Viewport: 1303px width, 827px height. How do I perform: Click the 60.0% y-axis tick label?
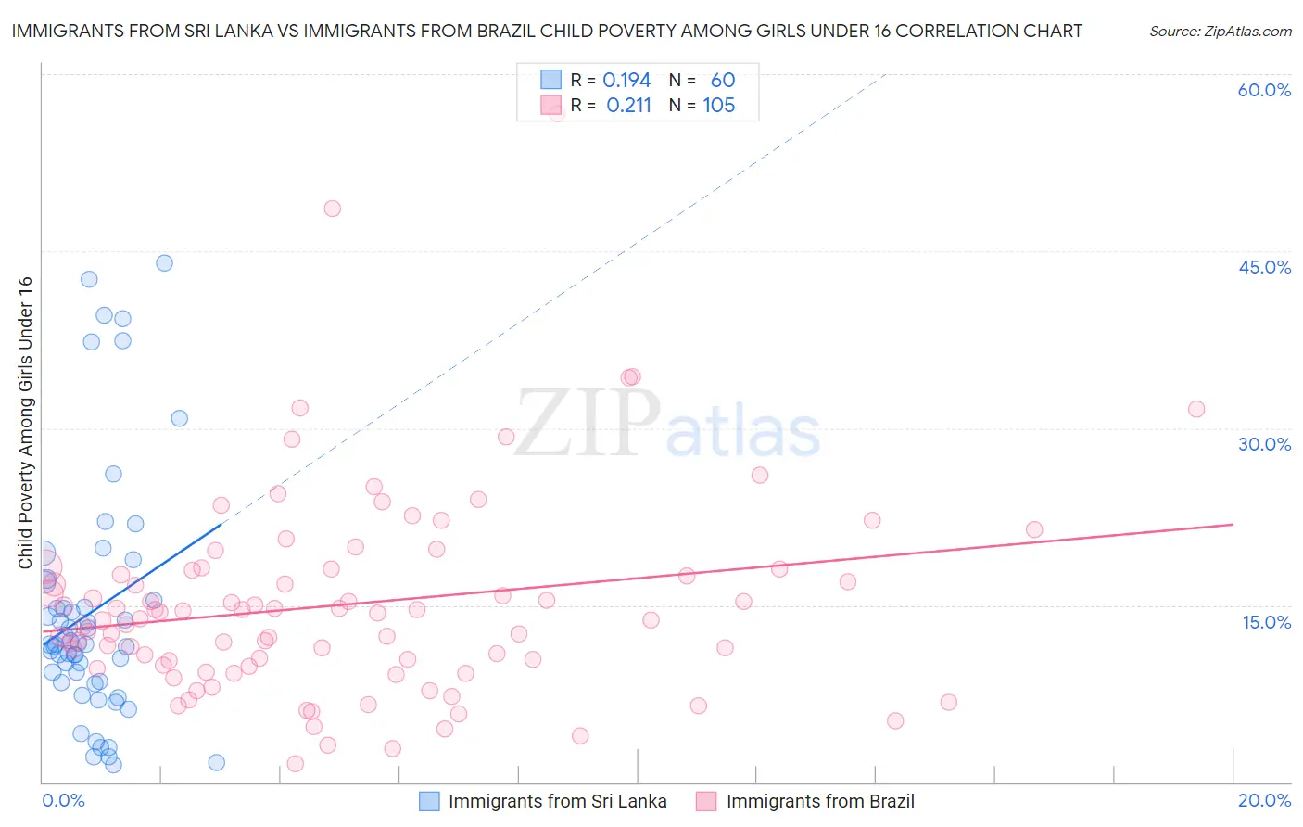tap(1264, 90)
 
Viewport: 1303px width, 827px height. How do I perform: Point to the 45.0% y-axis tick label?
tap(1264, 267)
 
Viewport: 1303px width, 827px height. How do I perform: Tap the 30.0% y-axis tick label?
tap(1264, 444)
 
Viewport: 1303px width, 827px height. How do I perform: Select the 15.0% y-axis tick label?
tap(1266, 622)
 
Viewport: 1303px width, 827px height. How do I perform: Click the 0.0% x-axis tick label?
tap(63, 800)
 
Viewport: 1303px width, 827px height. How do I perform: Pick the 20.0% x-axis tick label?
tap(1264, 800)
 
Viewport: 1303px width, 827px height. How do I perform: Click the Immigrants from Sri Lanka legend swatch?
tap(429, 801)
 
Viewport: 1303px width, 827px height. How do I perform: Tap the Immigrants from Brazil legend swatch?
tap(707, 801)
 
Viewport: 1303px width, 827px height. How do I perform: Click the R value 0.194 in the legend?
tap(626, 81)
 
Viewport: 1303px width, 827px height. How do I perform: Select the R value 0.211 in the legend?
tap(628, 106)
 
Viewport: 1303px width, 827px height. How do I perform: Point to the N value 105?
tap(718, 106)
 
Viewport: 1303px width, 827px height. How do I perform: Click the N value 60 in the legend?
tap(723, 81)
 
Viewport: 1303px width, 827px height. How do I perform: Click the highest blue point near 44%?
tap(164, 262)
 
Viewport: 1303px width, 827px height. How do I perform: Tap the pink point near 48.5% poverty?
tap(332, 209)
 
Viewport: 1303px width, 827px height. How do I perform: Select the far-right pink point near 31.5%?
tap(1196, 409)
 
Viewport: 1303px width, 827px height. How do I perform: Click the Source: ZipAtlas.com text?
tap(1220, 32)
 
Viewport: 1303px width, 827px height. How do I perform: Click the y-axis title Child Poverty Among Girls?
tap(25, 423)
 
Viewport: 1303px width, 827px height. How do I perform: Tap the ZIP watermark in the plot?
tap(588, 423)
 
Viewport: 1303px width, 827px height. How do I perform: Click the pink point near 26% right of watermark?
tap(760, 475)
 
